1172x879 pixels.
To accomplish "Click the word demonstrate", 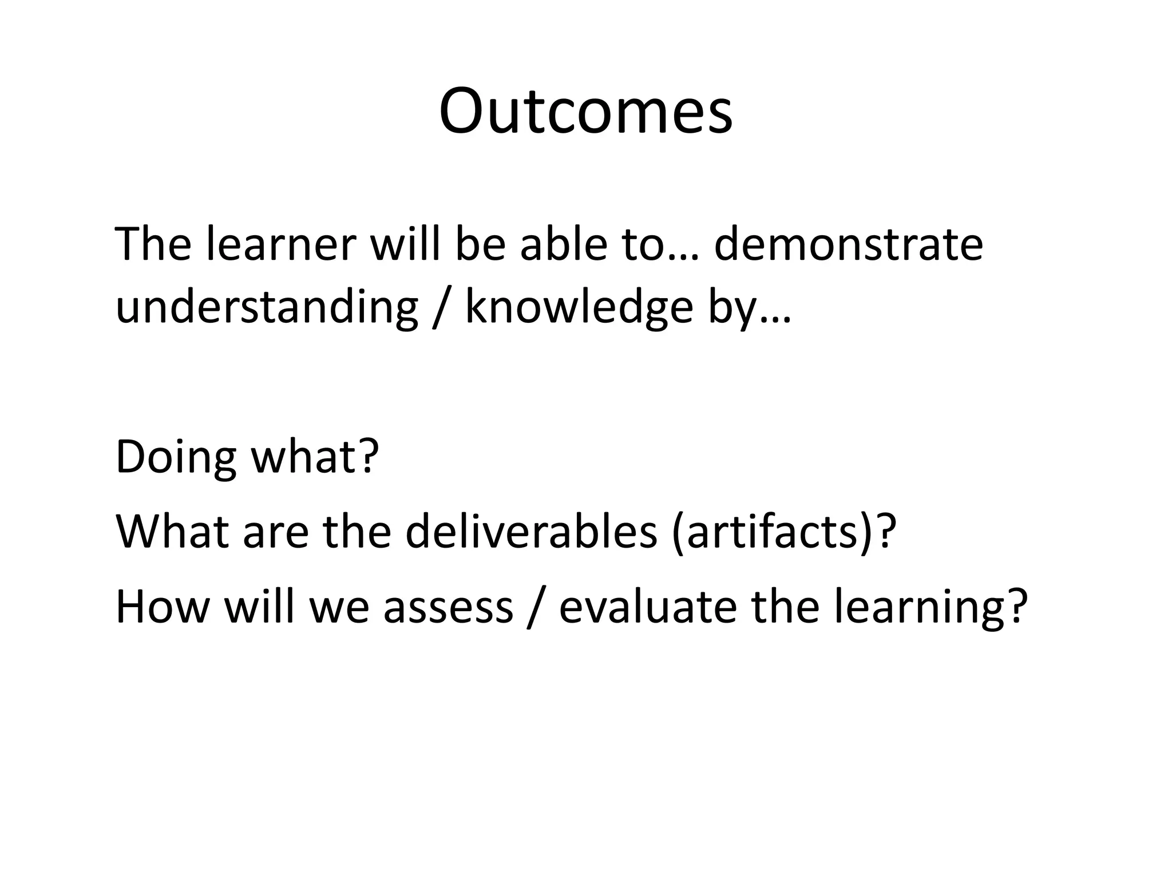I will [849, 245].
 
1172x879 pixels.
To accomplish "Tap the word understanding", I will [267, 307].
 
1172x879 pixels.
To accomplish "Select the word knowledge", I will [579, 307].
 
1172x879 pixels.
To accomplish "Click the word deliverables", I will [532, 532].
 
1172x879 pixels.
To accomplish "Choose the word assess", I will [448, 607].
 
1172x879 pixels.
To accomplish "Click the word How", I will [163, 607].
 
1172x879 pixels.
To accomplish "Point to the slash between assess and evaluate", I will [535, 608].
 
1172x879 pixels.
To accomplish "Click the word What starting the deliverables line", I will [172, 532].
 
